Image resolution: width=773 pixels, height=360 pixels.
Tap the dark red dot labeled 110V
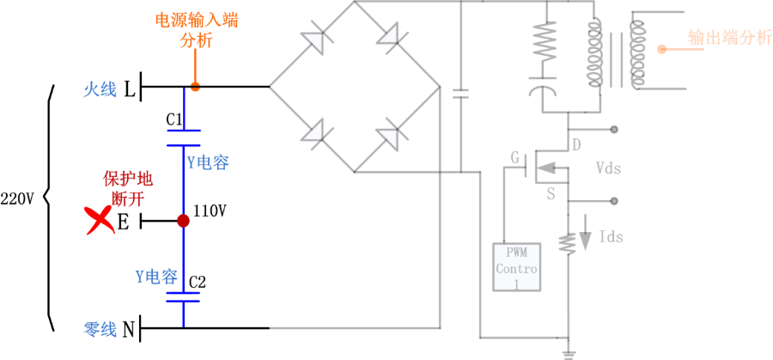183,221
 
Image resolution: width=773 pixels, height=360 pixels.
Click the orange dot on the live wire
196,87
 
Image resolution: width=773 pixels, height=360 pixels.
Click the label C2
198,282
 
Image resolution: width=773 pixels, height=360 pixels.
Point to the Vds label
608,169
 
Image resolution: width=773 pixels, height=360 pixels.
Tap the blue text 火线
100,88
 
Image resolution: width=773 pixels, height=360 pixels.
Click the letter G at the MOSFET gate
515,157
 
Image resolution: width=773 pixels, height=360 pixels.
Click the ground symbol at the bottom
567,353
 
